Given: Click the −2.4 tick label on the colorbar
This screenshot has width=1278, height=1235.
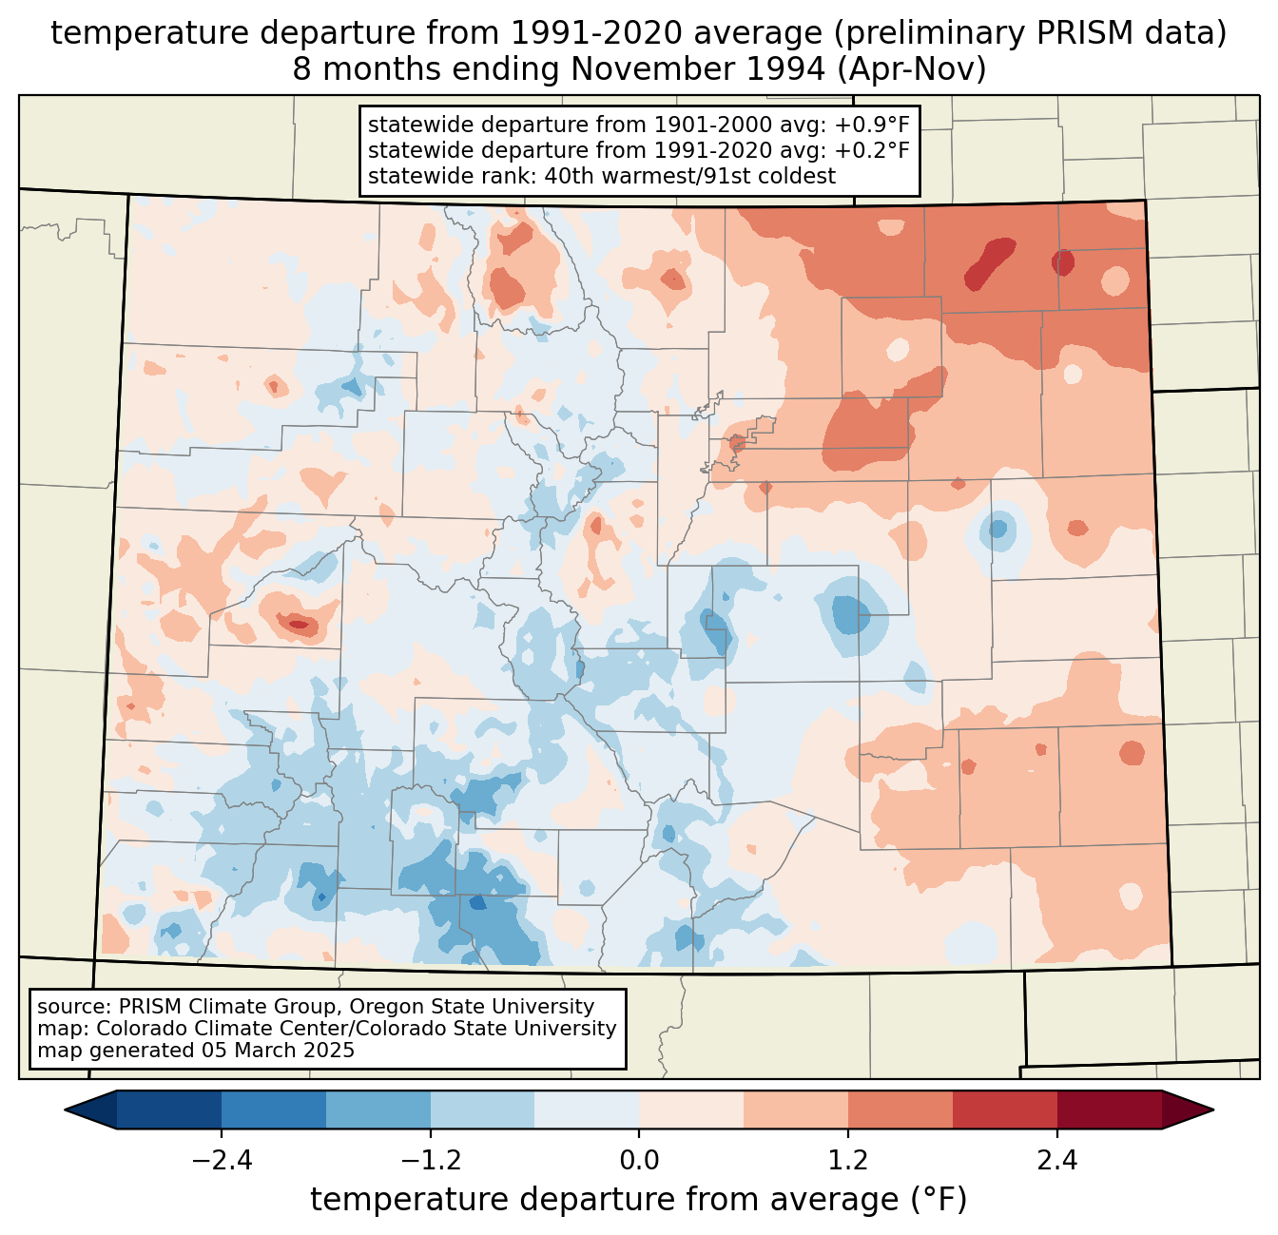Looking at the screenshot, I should coord(221,1161).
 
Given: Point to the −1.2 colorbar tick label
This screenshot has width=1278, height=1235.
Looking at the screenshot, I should coord(430,1161).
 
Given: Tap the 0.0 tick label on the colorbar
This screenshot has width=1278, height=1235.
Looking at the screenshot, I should coord(639,1161).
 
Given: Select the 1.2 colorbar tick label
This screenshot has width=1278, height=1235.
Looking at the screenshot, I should coord(848,1161).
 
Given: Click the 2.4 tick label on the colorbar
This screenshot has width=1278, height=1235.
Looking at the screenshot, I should coord(1057,1161).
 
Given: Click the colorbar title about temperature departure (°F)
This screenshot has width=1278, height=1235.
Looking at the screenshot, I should coord(639,1200).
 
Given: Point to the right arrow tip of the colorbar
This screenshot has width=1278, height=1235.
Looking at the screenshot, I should coord(1210,1110).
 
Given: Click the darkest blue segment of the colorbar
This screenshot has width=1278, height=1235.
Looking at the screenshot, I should coord(169,1110).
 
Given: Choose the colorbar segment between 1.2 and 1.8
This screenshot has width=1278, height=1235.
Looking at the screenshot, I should coord(900,1110).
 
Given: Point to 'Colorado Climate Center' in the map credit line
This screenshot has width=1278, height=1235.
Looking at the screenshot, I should coord(201,1029).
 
